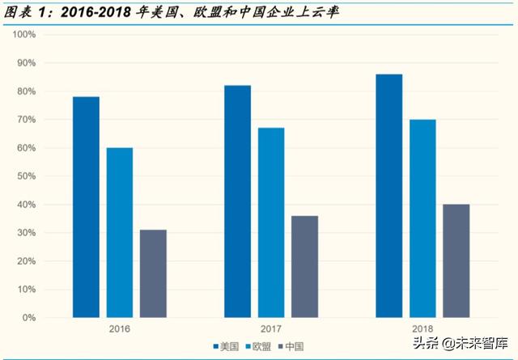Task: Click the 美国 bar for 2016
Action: click(86, 207)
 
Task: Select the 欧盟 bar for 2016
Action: click(120, 233)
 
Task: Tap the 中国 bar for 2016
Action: click(153, 273)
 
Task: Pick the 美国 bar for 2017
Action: click(238, 201)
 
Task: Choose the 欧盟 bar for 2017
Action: click(271, 222)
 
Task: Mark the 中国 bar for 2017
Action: click(305, 267)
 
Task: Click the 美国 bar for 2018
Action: click(389, 196)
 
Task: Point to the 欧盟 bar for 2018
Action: click(422, 218)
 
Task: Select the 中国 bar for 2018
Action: click(456, 261)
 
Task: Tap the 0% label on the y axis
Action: click(29, 318)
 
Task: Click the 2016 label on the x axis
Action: click(119, 330)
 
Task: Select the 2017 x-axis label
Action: click(271, 330)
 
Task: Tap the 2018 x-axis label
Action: click(422, 330)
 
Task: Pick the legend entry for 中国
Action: click(292, 347)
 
